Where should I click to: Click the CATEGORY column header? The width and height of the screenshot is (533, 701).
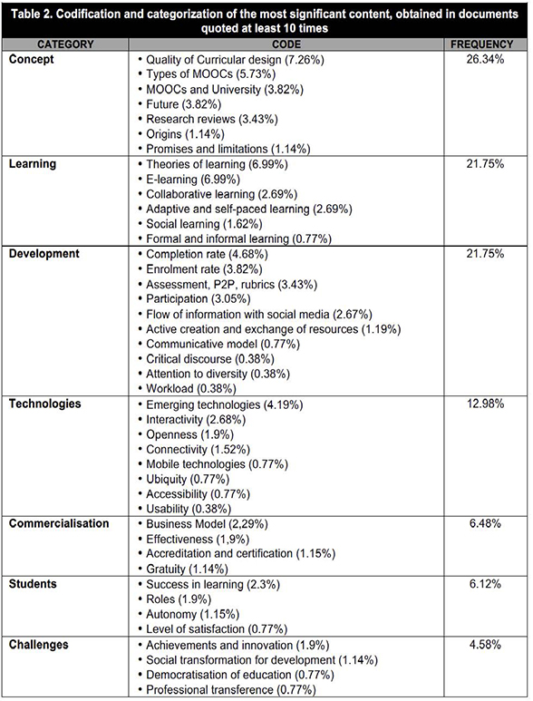[65, 44]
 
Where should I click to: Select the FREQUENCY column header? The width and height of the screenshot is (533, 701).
[481, 44]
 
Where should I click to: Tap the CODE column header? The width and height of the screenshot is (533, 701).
[286, 44]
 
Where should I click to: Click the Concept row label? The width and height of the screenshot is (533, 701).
[32, 60]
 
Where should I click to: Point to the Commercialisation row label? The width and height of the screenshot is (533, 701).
[59, 523]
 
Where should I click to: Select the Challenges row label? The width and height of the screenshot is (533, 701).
[38, 645]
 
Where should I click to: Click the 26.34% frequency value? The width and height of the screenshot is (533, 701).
[485, 60]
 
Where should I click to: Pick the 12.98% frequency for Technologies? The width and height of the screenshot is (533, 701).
[485, 404]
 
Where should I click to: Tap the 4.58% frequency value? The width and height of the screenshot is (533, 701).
[485, 645]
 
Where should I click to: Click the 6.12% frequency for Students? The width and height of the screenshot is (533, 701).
[485, 584]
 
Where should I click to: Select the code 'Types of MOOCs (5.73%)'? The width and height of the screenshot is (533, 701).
[211, 74]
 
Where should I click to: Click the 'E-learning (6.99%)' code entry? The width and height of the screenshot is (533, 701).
[193, 180]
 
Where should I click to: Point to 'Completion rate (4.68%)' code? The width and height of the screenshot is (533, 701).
[208, 255]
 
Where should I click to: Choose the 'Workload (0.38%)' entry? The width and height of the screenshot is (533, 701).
[191, 389]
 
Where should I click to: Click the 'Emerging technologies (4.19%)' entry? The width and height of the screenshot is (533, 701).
[225, 404]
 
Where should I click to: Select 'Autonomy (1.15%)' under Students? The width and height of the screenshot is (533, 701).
[193, 614]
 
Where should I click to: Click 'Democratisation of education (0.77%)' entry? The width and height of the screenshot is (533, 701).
[240, 675]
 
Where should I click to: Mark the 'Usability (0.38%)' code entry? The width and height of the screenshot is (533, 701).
[189, 509]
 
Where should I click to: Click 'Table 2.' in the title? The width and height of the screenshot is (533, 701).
[32, 15]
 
